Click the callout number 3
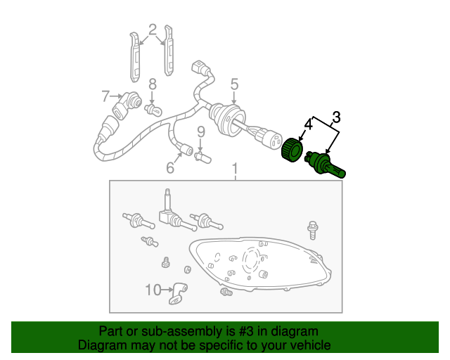(x=336, y=117)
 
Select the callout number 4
(x=308, y=124)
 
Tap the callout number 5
(x=234, y=84)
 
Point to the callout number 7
(x=105, y=96)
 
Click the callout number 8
(x=153, y=84)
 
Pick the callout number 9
(x=201, y=132)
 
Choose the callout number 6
(x=170, y=167)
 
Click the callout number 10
(x=153, y=290)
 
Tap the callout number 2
(x=153, y=30)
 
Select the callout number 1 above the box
(x=235, y=169)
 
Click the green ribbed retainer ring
(x=292, y=149)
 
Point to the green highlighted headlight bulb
(x=325, y=165)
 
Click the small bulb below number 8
(x=153, y=110)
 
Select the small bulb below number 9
(x=202, y=157)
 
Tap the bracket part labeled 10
(x=178, y=293)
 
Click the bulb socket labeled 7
(x=127, y=105)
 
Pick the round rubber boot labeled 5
(x=228, y=120)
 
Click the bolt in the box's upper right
(x=312, y=230)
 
